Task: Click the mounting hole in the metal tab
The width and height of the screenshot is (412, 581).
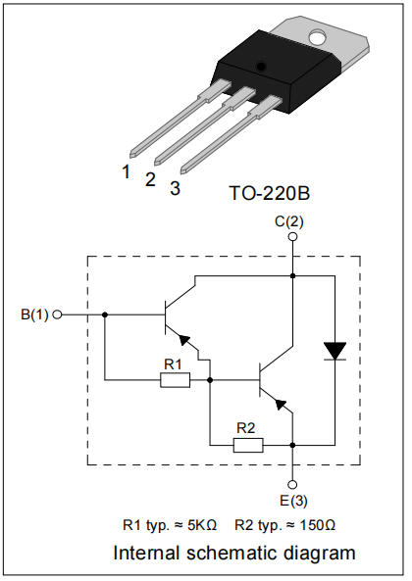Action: tap(317, 37)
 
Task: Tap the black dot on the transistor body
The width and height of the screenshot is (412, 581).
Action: tap(262, 67)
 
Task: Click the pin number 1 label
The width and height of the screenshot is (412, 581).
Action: tap(127, 171)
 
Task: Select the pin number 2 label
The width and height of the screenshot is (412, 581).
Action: tap(150, 179)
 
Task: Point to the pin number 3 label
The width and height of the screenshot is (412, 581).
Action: tap(175, 188)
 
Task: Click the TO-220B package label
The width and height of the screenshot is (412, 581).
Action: tap(269, 193)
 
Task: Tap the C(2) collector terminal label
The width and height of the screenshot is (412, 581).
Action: tap(288, 221)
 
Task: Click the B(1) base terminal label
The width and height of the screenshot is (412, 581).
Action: tap(35, 315)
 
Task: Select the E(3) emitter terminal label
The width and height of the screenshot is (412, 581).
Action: tap(293, 501)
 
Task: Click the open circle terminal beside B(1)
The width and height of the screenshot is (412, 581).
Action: tap(57, 315)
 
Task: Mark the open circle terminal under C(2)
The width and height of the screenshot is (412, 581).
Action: tap(292, 236)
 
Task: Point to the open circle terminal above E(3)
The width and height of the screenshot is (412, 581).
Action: tap(292, 484)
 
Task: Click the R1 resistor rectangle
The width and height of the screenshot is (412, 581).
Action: tap(175, 380)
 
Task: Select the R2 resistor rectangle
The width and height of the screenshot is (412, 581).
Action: tap(248, 445)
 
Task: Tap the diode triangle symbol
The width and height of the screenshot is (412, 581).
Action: tap(335, 351)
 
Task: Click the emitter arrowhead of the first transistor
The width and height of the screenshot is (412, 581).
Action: tap(184, 339)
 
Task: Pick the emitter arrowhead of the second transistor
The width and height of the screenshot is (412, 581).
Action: tap(281, 405)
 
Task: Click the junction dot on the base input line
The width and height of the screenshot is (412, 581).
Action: tap(105, 315)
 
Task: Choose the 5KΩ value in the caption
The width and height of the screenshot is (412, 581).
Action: tap(202, 525)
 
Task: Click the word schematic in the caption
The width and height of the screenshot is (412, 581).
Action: tap(232, 553)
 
